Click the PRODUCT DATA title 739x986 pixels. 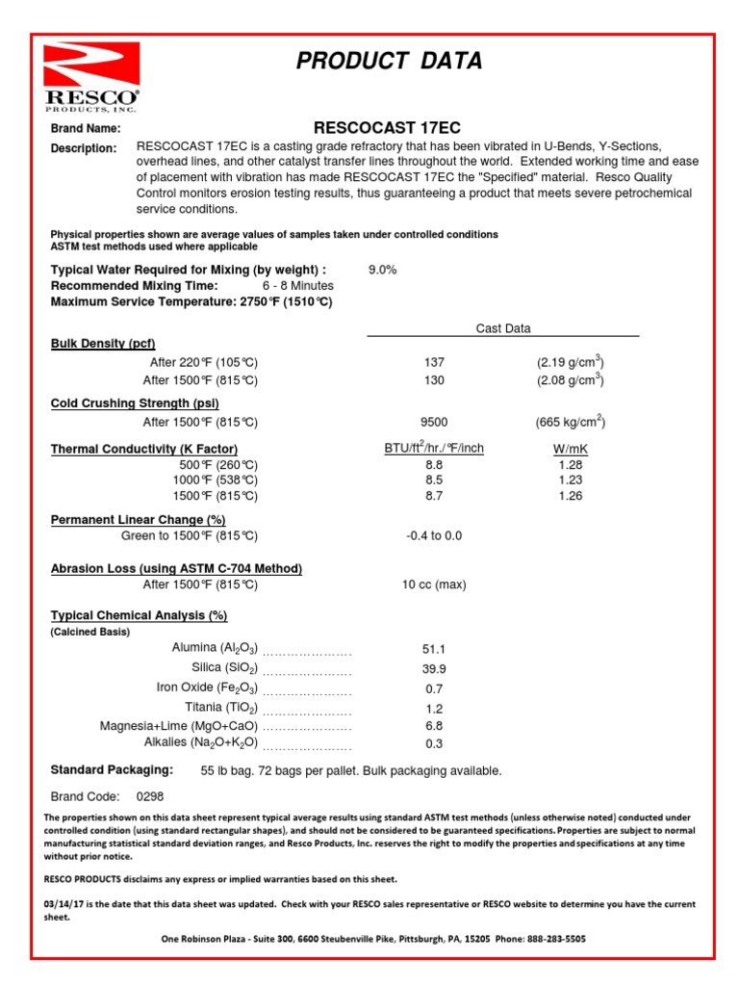[x=389, y=62]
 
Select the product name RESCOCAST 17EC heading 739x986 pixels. [x=388, y=128]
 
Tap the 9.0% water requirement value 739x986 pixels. [x=382, y=270]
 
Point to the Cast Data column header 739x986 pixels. [x=503, y=328]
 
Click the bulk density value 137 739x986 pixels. [x=434, y=362]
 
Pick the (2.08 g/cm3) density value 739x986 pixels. [x=571, y=379]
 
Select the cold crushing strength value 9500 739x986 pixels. [x=434, y=422]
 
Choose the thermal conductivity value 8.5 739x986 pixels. [x=434, y=480]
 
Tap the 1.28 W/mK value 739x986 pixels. [x=571, y=464]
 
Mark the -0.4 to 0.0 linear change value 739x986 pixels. [x=434, y=535]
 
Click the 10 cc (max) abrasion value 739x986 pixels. [x=434, y=584]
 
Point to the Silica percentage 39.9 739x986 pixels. [x=434, y=668]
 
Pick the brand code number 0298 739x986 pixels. [x=150, y=796]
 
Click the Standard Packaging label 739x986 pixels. [x=112, y=770]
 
